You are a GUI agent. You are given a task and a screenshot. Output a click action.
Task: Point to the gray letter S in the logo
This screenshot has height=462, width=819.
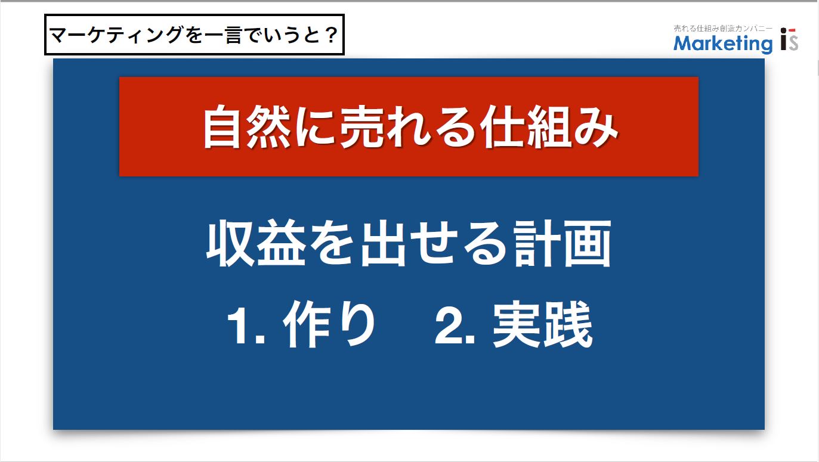(793, 42)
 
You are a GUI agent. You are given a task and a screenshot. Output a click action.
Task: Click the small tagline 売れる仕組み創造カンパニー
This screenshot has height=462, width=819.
(723, 28)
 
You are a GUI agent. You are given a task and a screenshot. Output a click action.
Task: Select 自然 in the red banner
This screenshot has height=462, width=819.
(247, 126)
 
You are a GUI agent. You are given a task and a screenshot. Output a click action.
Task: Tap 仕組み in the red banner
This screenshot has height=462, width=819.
(548, 126)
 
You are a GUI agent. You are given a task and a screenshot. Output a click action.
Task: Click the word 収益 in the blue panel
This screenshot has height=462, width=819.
(256, 243)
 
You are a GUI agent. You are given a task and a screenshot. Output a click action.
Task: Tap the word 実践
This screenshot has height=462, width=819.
(543, 324)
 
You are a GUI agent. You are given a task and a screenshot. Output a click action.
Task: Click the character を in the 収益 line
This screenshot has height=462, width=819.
(332, 243)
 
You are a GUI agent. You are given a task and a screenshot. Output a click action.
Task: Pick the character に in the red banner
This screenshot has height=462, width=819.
(314, 127)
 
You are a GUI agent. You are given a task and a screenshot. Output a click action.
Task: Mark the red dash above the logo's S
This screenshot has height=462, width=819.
(792, 30)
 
